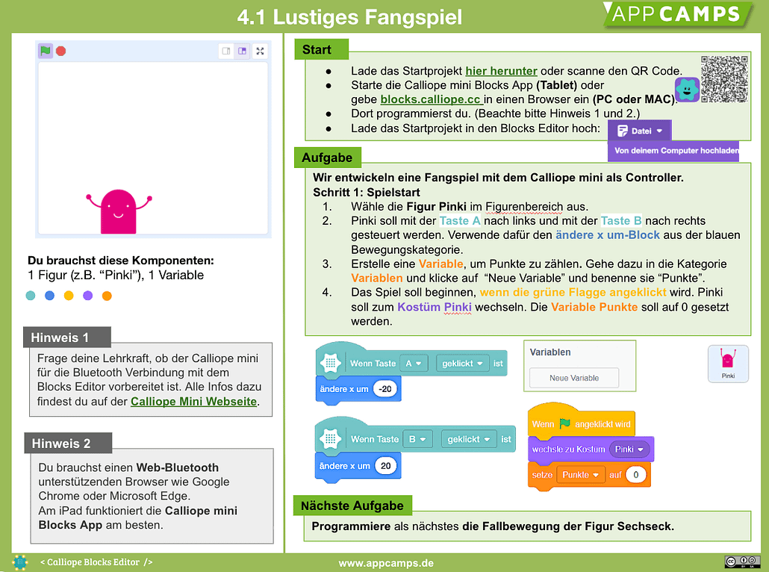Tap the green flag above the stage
pos(46,51)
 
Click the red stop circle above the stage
pos(61,51)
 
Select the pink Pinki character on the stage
pos(119,211)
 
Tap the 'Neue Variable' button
pos(574,378)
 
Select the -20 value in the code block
pos(385,389)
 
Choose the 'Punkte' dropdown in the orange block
pos(580,475)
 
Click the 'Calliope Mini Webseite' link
pos(193,402)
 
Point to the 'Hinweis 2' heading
pos(61,444)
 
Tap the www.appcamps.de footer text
pos(386,562)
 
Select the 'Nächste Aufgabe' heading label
pos(352,506)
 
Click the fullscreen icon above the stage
pos(260,51)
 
